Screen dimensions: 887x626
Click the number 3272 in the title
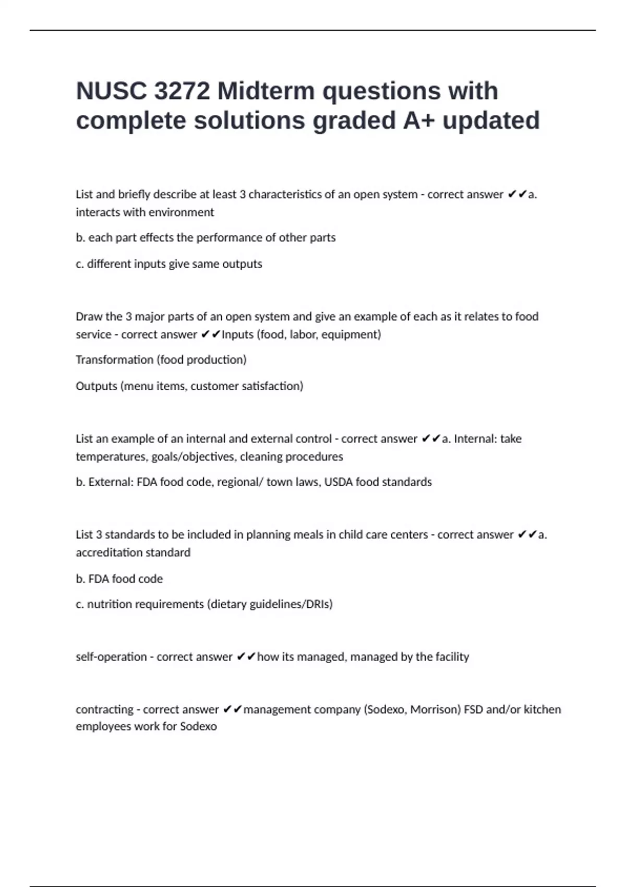coord(182,91)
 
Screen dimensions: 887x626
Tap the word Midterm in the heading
coord(266,91)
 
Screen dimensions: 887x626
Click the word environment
coord(180,212)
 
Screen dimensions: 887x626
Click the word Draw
coord(89,317)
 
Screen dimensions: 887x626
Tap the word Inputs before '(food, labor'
coord(238,334)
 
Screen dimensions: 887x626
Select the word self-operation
coord(111,657)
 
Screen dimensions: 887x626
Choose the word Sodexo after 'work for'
coord(198,726)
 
